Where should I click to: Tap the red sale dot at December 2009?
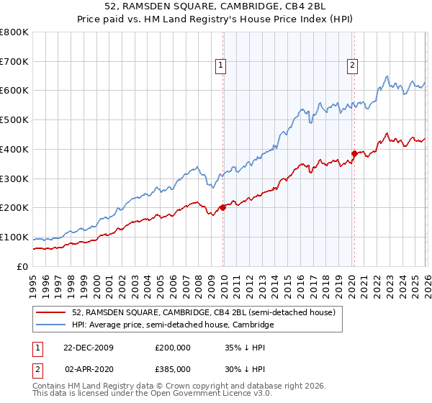coord(222,207)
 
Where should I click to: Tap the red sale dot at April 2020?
coord(354,153)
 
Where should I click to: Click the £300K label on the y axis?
coord(15,178)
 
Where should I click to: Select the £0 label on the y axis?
coord(22,266)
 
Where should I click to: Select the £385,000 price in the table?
coord(172,369)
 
